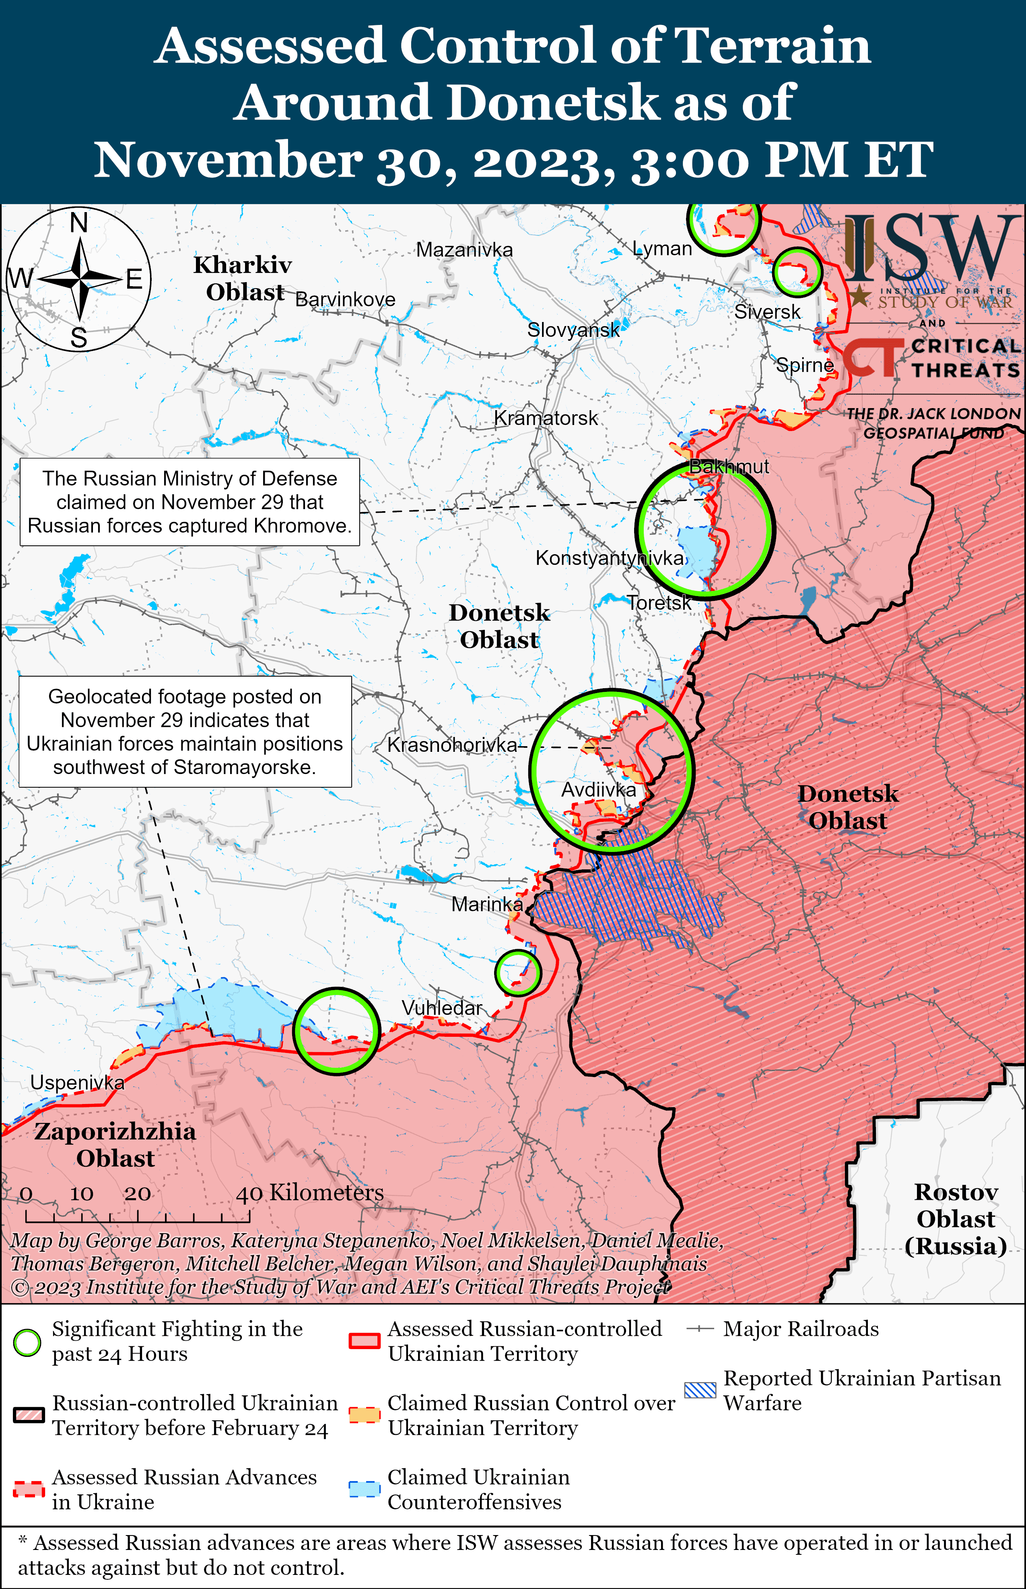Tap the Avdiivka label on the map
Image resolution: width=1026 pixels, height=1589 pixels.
click(598, 790)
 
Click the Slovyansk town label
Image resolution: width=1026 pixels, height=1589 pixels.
click(573, 330)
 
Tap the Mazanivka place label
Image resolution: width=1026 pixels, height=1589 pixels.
click(464, 250)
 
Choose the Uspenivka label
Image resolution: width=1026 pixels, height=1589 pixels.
click(77, 1083)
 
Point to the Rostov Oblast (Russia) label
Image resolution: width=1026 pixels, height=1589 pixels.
click(955, 1219)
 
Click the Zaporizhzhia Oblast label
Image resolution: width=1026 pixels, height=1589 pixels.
click(115, 1145)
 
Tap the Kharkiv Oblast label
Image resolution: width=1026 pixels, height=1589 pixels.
click(243, 279)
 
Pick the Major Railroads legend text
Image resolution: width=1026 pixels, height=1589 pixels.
click(801, 1329)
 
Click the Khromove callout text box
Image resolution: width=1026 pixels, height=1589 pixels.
click(190, 501)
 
